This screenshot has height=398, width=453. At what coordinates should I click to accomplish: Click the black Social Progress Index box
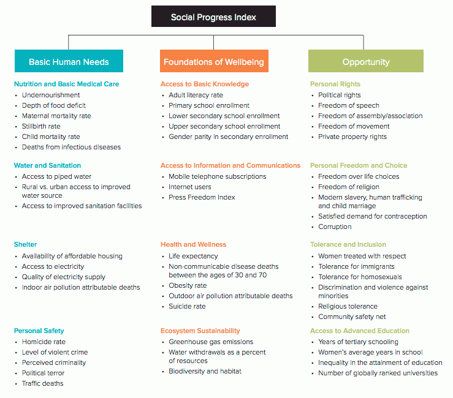(x=213, y=17)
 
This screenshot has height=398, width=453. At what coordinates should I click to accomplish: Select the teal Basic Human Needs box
(x=69, y=61)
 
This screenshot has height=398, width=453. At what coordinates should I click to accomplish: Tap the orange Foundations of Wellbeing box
(x=214, y=61)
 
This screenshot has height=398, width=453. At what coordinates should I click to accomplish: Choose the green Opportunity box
(x=366, y=61)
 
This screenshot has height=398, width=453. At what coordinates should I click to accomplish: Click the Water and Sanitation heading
(x=47, y=165)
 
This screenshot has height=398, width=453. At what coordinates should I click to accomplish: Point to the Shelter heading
(x=25, y=244)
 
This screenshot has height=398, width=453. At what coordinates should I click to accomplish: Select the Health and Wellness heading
(x=193, y=244)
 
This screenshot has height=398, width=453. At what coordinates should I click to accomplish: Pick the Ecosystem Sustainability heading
(x=200, y=331)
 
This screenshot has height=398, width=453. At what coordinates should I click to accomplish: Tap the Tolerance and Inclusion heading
(x=348, y=244)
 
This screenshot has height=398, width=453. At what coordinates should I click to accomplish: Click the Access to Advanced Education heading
(x=360, y=331)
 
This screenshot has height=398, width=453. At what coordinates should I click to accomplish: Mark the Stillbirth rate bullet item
(x=41, y=126)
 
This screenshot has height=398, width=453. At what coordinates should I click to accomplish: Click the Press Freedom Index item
(x=202, y=197)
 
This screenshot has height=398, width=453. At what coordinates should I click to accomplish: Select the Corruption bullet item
(x=335, y=227)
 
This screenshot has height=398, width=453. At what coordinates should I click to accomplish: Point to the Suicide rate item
(x=187, y=307)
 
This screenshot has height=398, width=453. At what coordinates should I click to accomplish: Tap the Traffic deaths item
(x=42, y=383)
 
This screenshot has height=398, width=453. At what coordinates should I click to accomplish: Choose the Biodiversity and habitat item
(x=205, y=372)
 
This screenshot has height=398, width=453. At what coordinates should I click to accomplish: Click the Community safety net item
(x=352, y=317)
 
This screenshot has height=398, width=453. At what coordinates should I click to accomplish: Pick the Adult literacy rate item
(x=196, y=96)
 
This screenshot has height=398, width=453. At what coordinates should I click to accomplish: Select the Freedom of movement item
(x=354, y=126)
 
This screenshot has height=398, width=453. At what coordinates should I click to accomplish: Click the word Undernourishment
(x=51, y=96)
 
